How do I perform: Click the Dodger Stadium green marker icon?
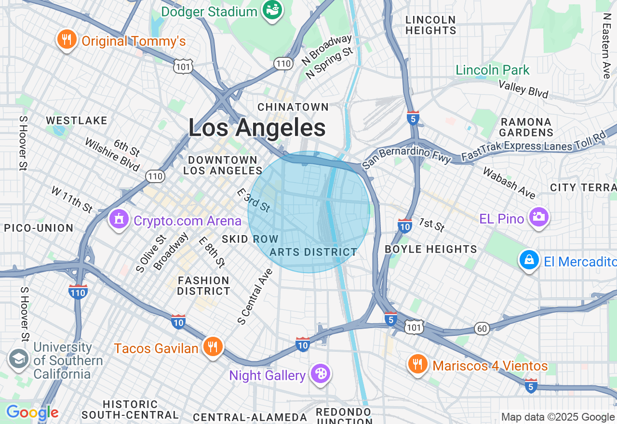tap(272, 10)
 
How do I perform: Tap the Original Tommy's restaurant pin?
tap(67, 40)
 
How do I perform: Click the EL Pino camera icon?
tap(538, 218)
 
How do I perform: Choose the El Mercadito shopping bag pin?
tap(529, 260)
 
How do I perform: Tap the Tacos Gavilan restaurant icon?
tap(212, 347)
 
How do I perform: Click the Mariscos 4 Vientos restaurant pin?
tap(417, 365)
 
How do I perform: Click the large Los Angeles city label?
tap(257, 128)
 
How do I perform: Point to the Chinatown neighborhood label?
tap(293, 106)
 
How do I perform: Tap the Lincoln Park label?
tap(493, 70)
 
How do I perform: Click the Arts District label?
tap(313, 252)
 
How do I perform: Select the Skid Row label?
tap(250, 239)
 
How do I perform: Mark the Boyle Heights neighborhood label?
tap(430, 249)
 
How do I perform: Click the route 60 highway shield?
tap(481, 329)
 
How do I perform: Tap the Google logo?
tap(32, 413)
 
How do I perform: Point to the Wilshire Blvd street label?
tap(112, 155)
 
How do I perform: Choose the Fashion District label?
tap(203, 285)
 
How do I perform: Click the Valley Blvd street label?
tap(523, 89)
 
